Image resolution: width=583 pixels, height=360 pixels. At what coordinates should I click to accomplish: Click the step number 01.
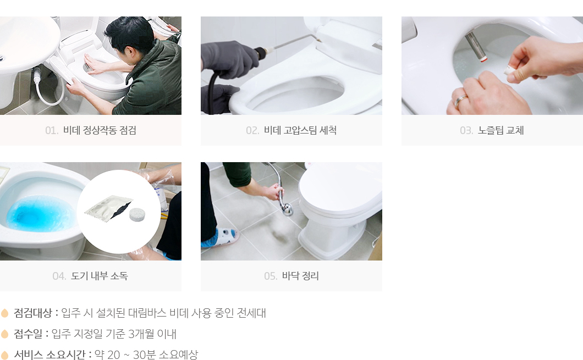tap(52, 131)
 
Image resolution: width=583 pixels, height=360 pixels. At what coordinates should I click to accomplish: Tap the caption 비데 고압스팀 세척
tap(300, 130)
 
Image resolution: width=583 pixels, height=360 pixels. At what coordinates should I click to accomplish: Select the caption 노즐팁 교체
tap(501, 130)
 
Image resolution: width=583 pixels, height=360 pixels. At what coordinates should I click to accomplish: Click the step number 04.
tap(59, 276)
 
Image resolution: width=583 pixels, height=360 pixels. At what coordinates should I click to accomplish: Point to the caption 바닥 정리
tap(300, 276)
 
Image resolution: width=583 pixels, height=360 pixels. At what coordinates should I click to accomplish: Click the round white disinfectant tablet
tap(137, 214)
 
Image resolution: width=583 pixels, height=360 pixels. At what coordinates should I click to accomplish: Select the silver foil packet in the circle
tap(108, 208)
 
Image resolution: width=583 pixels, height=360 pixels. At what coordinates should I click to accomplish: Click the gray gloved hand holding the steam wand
tap(226, 59)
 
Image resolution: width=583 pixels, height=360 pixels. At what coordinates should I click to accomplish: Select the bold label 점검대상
tap(32, 313)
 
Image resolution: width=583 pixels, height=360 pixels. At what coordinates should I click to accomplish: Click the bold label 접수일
tap(28, 334)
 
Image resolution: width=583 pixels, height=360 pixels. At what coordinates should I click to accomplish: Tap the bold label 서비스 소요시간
tap(51, 355)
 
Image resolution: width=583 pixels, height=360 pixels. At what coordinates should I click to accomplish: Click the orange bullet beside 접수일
tap(5, 334)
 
